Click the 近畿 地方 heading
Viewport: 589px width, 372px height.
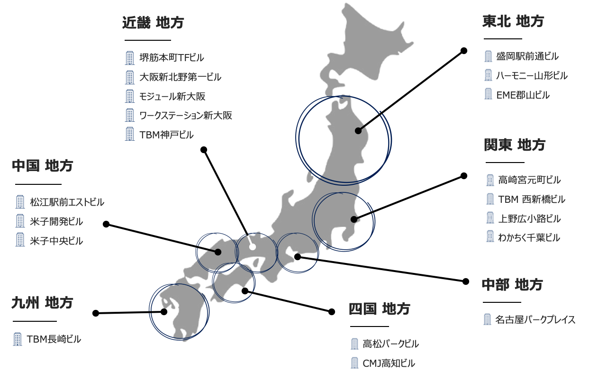pos(153,22)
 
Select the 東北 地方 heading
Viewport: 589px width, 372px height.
pos(513,21)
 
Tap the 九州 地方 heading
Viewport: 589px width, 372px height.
pos(42,302)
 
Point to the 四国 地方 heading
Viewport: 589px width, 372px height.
pos(379,308)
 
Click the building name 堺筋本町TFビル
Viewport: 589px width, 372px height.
pos(172,58)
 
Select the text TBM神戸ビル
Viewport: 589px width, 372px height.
pos(166,135)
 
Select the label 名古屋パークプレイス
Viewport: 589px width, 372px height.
pos(535,320)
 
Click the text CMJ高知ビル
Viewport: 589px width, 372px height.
pos(389,363)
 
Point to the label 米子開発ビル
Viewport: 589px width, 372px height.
pos(56,221)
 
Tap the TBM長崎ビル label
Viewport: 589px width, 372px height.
pos(54,339)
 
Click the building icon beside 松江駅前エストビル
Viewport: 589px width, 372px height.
pos(20,202)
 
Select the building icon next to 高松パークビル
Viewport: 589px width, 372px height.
pos(354,344)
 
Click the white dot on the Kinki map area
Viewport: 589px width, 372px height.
pos(253,247)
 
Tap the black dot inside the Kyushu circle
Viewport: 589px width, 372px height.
pos(164,311)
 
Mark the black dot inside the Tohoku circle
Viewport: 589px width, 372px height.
pos(358,131)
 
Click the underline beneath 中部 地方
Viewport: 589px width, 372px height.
pos(502,302)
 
